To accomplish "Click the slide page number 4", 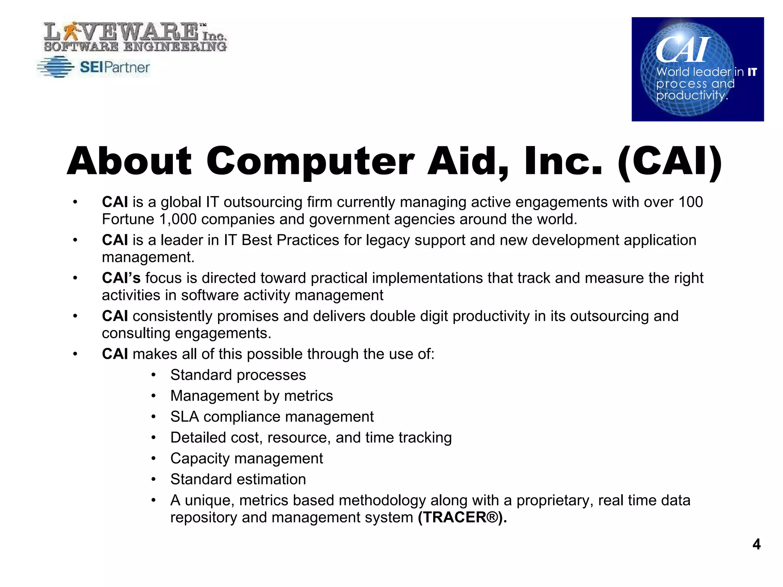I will (756, 544).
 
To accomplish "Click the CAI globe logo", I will (697, 69).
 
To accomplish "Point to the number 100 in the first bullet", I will (690, 202).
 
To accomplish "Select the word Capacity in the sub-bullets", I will (200, 459).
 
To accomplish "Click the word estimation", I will (270, 479).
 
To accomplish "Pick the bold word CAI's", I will (121, 278).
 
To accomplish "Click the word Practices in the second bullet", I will (308, 240).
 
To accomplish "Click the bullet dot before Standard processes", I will (153, 375).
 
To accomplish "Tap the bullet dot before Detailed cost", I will (153, 438).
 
